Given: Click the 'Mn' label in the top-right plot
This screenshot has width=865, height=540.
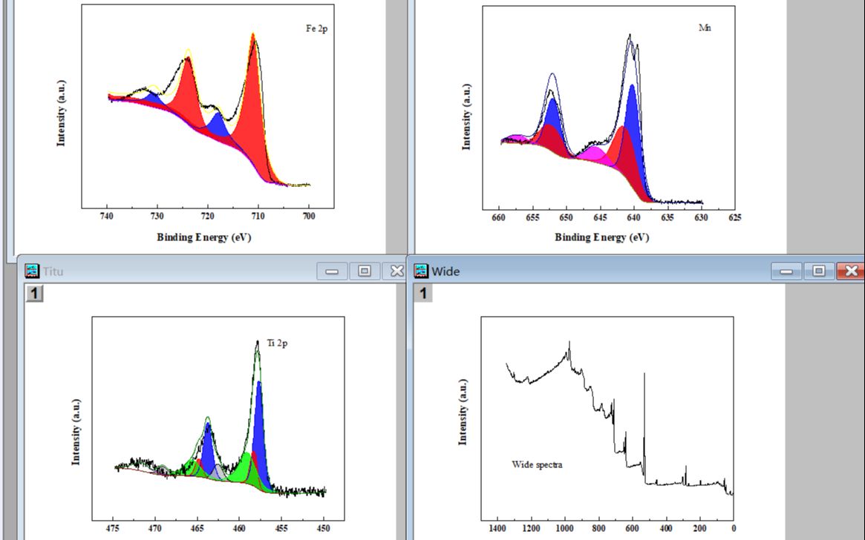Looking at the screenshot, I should (x=705, y=27).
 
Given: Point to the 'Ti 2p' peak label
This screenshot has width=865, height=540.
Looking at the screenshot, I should (x=277, y=343).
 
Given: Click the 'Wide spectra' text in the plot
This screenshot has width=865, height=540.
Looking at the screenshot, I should (x=537, y=464).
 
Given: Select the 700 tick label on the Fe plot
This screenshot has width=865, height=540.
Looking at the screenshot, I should (x=309, y=217).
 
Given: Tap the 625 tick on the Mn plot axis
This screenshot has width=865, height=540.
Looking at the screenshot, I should (x=734, y=217).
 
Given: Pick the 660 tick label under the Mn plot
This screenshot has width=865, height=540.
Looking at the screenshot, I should (x=499, y=217).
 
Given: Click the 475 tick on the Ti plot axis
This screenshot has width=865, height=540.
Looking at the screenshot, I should (x=113, y=529).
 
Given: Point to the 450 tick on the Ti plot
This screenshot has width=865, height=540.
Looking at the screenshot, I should (x=324, y=529).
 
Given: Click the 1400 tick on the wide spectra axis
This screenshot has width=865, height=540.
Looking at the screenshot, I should (x=497, y=529).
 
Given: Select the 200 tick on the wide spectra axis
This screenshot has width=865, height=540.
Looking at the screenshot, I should (x=699, y=529).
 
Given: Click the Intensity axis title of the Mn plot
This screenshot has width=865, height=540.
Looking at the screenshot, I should (x=466, y=116).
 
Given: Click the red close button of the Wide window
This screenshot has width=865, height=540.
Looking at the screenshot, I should (x=850, y=271).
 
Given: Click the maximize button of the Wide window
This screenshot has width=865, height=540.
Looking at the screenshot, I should (x=819, y=271).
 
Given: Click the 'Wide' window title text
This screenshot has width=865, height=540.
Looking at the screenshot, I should (x=445, y=271).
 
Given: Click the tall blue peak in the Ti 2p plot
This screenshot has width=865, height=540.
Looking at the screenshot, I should (x=259, y=423).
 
